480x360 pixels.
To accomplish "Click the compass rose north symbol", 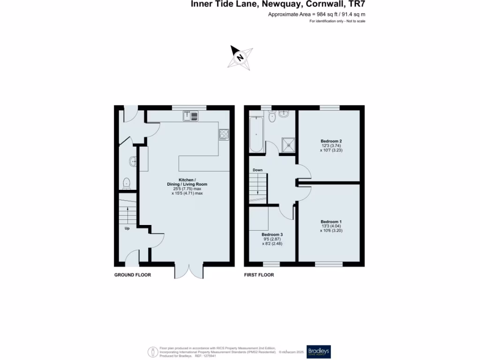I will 240,58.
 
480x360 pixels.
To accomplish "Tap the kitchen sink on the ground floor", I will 191,115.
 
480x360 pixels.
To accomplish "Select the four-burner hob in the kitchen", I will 224,135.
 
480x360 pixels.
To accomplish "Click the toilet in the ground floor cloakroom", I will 126,182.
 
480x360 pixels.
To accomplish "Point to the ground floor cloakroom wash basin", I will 133,162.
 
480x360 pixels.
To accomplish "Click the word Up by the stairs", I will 127,229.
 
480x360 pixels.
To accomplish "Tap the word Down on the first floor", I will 257,170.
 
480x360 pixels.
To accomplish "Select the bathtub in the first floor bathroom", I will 256,134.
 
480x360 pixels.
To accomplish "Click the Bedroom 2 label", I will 331,141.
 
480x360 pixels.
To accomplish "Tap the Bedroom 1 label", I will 331,222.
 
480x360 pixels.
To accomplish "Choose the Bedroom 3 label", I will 272,234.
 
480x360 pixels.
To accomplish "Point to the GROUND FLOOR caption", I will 133,275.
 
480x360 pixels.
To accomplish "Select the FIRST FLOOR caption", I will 259,275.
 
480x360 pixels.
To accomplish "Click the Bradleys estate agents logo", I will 318,352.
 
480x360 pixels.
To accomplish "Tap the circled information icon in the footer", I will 153,352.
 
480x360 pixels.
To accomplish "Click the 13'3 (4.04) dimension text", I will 331,226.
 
